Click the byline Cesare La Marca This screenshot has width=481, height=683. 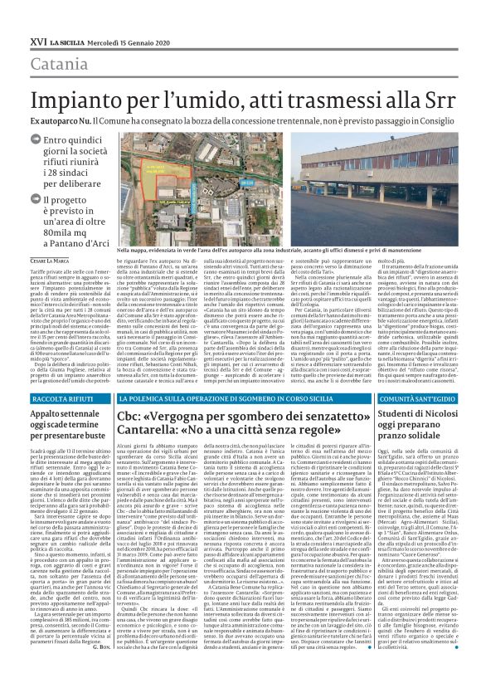click(51, 261)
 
